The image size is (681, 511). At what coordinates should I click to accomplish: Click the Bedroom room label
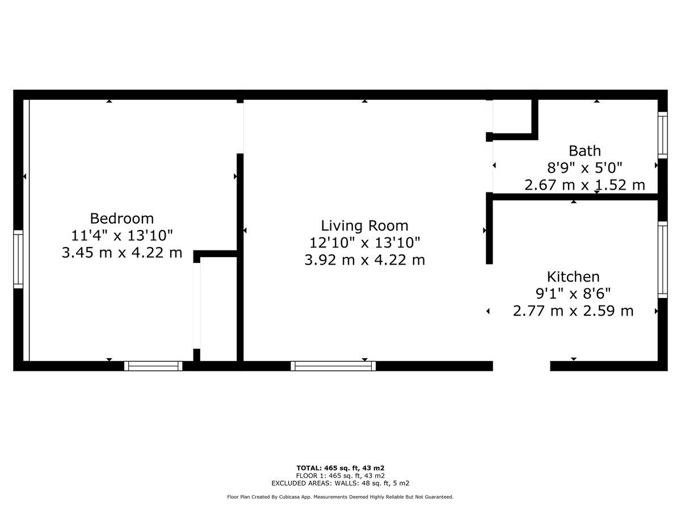pos(122,219)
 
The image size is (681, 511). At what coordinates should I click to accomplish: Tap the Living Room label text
pos(364,225)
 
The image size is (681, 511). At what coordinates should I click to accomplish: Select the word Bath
pos(585,151)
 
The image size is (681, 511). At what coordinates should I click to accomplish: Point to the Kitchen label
pos(573,277)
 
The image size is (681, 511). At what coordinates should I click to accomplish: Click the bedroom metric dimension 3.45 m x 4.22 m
pos(122,253)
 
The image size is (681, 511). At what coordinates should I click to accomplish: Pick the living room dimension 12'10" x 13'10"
pos(364,242)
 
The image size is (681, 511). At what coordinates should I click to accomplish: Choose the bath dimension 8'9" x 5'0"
pos(585,168)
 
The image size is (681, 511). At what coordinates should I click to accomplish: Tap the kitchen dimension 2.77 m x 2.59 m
pos(573,311)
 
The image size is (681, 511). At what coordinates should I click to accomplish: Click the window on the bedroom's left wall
pos(18,259)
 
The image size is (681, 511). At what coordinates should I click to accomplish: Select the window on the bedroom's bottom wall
pos(153,366)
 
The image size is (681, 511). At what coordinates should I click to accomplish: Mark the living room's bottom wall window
pos(333,366)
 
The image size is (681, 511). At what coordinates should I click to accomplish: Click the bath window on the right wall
pos(663,135)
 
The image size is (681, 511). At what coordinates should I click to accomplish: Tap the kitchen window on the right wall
pos(663,259)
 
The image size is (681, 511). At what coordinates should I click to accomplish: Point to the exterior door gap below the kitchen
pos(522,366)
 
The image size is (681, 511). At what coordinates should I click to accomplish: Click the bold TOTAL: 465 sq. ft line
pos(340,468)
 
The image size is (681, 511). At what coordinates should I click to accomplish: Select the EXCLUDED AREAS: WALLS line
pos(340,483)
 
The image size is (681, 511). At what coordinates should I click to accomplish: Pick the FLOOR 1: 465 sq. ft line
pos(340,476)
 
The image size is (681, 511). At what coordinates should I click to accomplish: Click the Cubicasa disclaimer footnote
pos(340,497)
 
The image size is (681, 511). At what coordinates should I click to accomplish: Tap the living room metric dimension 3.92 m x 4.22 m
pos(364,259)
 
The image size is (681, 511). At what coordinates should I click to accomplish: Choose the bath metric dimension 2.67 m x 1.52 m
pos(585,185)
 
